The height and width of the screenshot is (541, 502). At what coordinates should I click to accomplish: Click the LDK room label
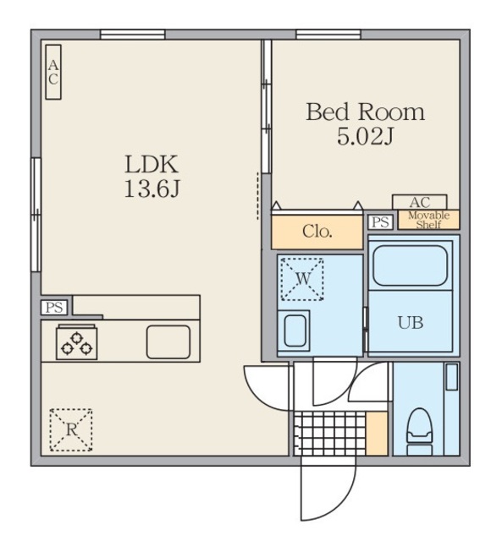coord(152,164)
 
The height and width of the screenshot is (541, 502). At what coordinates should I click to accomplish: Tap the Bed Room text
coord(365,112)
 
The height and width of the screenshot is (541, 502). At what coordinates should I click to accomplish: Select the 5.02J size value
coord(365,137)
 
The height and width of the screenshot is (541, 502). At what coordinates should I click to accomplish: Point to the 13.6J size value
coord(152,189)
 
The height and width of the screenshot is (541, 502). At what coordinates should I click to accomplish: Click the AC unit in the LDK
coord(53,72)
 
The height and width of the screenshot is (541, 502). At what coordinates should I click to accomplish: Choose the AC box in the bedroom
coord(419,202)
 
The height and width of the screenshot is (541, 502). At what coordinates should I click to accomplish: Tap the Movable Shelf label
coord(428,220)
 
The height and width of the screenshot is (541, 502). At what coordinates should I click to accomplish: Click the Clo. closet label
coord(317,232)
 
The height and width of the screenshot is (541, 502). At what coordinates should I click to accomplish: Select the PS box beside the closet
coord(380,222)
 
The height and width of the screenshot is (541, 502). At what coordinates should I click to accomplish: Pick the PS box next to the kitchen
coord(54,307)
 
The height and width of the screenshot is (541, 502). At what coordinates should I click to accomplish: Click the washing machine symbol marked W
coord(302,279)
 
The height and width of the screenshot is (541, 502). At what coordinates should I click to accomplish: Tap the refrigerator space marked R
coord(71,430)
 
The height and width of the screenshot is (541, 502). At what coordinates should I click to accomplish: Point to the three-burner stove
coord(77,343)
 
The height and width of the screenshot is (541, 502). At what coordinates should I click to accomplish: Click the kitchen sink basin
coord(168,342)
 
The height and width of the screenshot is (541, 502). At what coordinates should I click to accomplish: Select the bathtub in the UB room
coord(410,265)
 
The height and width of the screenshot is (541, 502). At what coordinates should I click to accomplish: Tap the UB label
coord(411,323)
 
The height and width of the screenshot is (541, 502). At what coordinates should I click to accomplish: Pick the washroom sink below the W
coord(295,331)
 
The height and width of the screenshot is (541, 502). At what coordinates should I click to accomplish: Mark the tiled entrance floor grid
coord(329,434)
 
